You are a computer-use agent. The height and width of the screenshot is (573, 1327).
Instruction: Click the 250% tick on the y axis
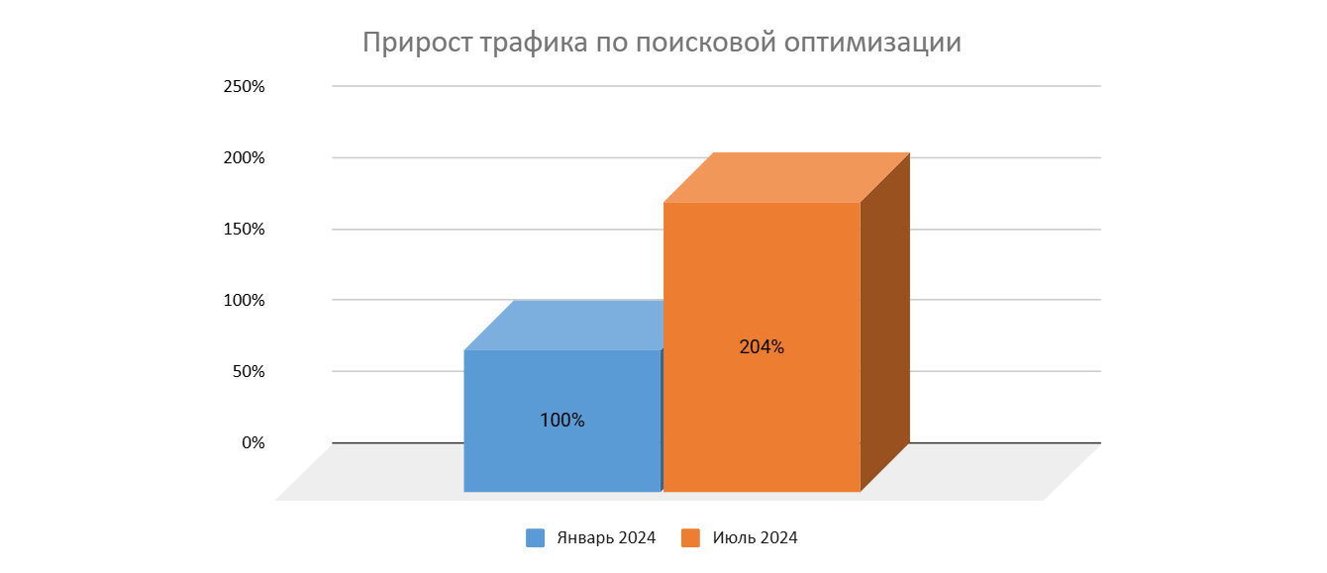(x=245, y=86)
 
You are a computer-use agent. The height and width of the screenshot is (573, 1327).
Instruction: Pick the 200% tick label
(x=245, y=157)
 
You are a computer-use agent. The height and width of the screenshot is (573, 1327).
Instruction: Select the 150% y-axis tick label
(x=245, y=229)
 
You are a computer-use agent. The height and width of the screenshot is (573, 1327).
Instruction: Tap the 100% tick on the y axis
(x=245, y=300)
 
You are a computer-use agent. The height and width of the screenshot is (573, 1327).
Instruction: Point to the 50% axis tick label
(x=249, y=372)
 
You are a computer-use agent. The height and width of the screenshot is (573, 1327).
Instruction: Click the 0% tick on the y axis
(x=254, y=442)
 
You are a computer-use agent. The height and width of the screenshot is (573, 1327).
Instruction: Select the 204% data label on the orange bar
(x=762, y=347)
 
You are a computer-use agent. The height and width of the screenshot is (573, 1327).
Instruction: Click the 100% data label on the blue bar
(x=562, y=420)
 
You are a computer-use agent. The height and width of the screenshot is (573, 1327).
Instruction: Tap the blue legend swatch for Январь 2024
(x=536, y=538)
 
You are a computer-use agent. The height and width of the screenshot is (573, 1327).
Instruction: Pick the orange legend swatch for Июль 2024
(x=691, y=538)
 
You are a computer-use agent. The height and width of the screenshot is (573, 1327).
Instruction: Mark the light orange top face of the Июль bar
(x=786, y=177)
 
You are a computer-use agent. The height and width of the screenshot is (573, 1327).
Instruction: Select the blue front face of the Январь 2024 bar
(x=561, y=455)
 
